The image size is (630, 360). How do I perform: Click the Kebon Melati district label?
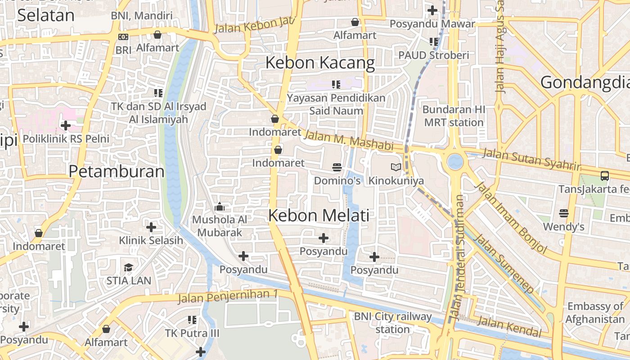tap(319, 216)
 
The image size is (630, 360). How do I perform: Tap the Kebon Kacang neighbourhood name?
tap(320, 63)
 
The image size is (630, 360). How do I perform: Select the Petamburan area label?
tap(117, 171)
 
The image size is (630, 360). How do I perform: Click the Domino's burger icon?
tap(337, 167)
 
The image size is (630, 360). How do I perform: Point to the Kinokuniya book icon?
tap(396, 167)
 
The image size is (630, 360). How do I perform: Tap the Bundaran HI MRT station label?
tap(454, 116)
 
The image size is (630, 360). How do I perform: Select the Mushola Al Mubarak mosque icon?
tap(220, 207)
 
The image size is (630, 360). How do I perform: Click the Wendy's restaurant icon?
tap(564, 213)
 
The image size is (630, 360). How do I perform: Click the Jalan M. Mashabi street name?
tap(348, 140)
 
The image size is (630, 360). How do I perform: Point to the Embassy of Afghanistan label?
tap(595, 313)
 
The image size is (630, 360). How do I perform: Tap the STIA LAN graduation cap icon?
tap(129, 267)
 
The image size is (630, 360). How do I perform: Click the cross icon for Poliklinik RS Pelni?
tap(66, 126)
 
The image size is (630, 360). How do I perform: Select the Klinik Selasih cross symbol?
tap(151, 227)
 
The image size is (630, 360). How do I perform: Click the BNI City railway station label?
tap(392, 323)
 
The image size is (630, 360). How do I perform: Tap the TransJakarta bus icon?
tap(605, 176)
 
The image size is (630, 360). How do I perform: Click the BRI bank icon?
tap(123, 37)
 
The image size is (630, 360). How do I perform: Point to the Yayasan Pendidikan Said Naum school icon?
tap(336, 84)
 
